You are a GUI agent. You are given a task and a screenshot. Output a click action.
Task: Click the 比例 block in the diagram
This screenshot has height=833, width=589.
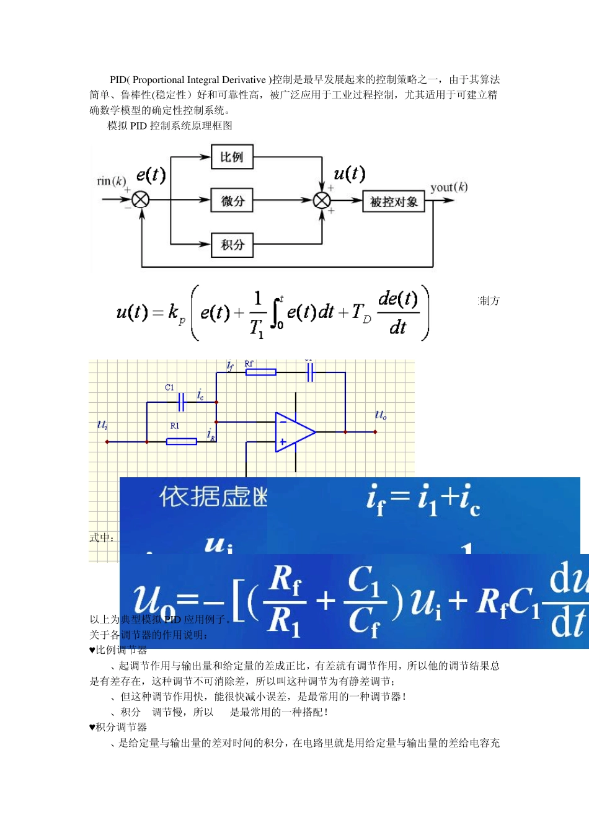point(232,157)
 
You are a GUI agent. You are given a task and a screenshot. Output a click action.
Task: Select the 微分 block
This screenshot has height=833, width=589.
point(232,200)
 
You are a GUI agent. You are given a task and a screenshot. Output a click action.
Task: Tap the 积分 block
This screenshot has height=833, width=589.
point(232,244)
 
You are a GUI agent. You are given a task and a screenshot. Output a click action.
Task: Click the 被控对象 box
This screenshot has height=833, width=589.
point(394,201)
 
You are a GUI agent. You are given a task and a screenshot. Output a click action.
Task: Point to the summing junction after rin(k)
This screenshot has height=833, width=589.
point(141,200)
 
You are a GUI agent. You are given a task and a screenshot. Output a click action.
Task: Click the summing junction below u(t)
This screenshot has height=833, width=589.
point(322,200)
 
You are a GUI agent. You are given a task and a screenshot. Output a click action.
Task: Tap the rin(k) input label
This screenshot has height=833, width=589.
point(112,181)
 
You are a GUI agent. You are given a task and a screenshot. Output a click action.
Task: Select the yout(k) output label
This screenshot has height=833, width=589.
point(449,187)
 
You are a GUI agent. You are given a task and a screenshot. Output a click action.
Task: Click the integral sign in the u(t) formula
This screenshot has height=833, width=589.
point(277,313)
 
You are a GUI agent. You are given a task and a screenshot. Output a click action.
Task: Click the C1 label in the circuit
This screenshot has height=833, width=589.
point(169,387)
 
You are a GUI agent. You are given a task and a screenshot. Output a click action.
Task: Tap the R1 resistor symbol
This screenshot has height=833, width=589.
point(181,441)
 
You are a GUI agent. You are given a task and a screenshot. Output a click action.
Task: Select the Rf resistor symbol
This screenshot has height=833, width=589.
point(261,372)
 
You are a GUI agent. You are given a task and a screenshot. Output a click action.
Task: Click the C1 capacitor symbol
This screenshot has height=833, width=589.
point(181,402)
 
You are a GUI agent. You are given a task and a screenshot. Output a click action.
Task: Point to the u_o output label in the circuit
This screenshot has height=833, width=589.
point(380,415)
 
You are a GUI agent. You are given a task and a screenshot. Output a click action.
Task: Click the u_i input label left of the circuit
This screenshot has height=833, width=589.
point(102,425)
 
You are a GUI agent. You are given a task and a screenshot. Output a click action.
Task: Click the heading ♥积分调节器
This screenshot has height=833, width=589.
point(118,727)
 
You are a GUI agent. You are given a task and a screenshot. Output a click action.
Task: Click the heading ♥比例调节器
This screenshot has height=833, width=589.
point(118,650)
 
